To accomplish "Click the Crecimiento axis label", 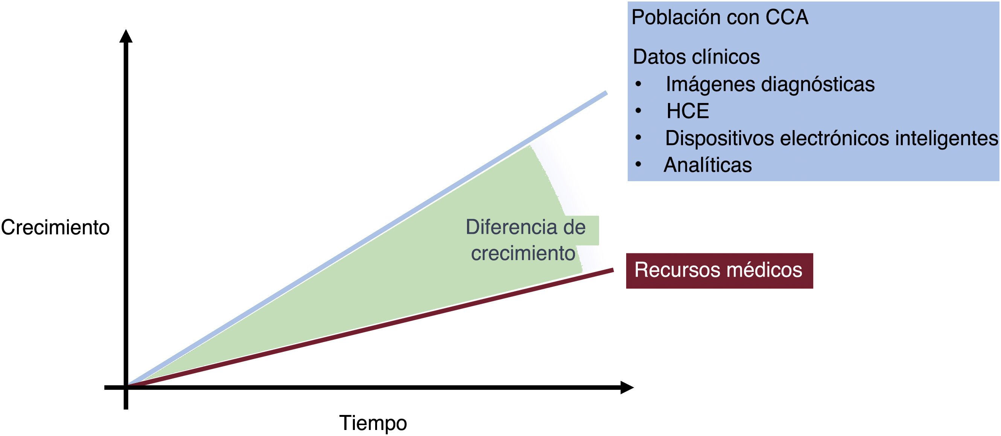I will [x=55, y=227].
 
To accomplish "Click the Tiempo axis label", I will [x=373, y=423].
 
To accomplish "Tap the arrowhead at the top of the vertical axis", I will [x=126, y=36].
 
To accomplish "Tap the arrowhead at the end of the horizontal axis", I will [x=627, y=388].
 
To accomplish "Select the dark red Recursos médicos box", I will [x=719, y=271].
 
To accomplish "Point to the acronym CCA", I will [x=787, y=17].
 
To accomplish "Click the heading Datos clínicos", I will [x=696, y=57].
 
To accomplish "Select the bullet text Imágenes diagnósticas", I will [x=770, y=84].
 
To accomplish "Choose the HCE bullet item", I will [x=688, y=111].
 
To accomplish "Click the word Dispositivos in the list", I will [x=719, y=139].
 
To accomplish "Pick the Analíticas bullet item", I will [x=707, y=165].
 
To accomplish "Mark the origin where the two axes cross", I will [x=126, y=387].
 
